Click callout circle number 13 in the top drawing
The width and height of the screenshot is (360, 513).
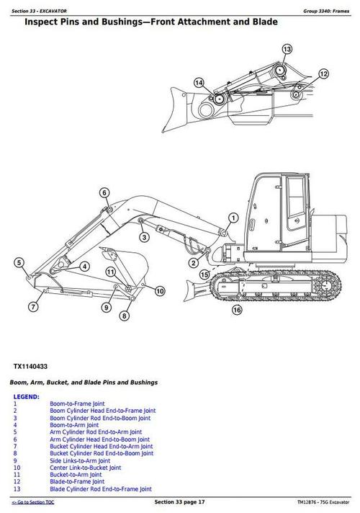click(x=287, y=49)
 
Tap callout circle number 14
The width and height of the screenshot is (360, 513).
click(x=199, y=82)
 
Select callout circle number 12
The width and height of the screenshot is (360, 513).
click(x=323, y=73)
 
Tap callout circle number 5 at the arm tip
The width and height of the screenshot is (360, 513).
click(x=19, y=262)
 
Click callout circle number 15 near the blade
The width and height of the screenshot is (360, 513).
click(x=204, y=275)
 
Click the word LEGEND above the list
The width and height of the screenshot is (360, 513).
click(x=27, y=396)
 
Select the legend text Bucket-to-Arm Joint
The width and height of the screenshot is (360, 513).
click(x=76, y=475)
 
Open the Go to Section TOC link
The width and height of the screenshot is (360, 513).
click(x=37, y=501)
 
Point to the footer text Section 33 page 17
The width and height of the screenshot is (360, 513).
click(x=180, y=501)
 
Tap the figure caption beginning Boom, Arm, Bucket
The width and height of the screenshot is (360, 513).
click(x=84, y=382)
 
